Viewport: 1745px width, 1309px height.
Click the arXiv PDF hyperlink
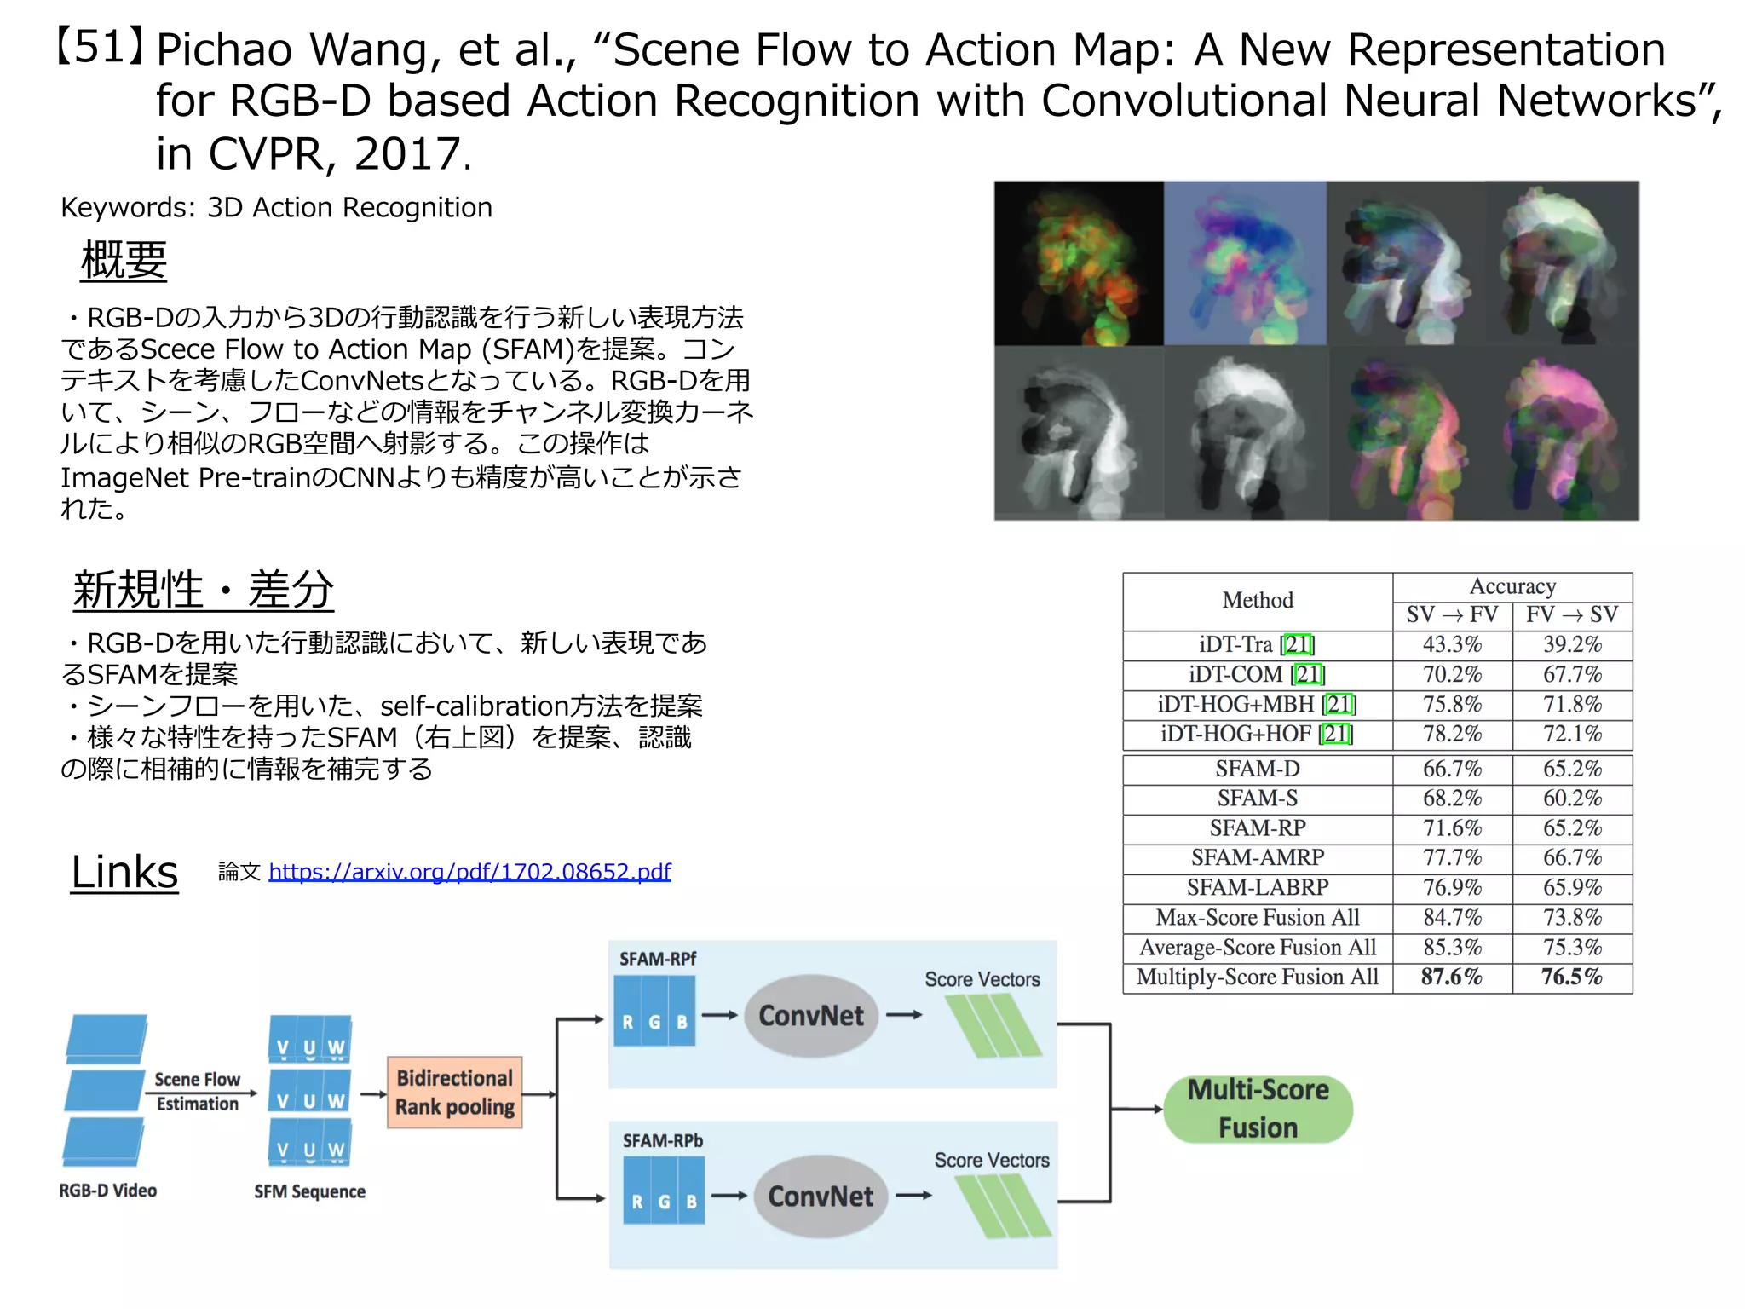point(469,871)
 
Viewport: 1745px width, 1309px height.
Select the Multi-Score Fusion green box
point(1258,1108)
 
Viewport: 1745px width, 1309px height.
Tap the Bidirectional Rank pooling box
point(454,1093)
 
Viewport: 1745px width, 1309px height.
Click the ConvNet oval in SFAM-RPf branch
point(810,1015)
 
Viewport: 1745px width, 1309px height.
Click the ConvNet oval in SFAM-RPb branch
point(820,1196)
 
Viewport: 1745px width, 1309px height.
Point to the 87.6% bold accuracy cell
point(1452,977)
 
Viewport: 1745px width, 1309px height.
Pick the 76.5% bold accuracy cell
point(1572,977)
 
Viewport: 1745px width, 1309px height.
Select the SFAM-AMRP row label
point(1258,857)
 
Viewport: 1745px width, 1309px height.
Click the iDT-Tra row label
point(1257,644)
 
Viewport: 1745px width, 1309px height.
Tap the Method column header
point(1258,600)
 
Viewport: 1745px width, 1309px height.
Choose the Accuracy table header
point(1512,586)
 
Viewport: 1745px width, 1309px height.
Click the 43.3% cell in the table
point(1452,644)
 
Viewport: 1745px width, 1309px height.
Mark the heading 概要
point(124,259)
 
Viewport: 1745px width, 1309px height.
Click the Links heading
point(124,872)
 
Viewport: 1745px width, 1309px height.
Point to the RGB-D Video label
point(107,1191)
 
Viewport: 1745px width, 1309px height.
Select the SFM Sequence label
point(309,1191)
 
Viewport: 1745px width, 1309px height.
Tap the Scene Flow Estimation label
point(197,1092)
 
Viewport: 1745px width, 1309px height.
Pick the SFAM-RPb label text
point(662,1140)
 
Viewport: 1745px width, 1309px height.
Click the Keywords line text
point(276,207)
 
